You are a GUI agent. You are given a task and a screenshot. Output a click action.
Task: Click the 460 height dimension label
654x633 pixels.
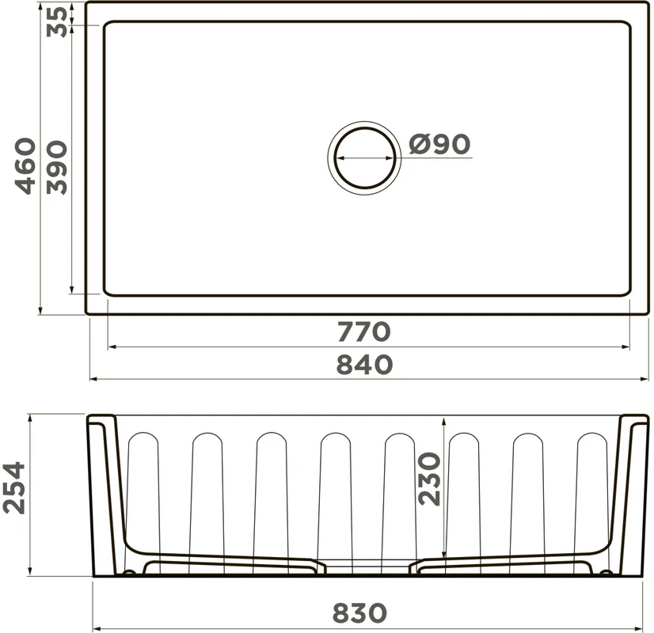point(25,166)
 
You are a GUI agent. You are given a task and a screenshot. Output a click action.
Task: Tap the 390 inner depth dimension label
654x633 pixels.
point(56,168)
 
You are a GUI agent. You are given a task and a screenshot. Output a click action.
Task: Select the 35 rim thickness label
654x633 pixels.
point(56,22)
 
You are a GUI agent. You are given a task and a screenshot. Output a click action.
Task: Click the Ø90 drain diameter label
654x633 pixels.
point(439,144)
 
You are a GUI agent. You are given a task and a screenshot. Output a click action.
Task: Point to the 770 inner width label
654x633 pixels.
point(363,332)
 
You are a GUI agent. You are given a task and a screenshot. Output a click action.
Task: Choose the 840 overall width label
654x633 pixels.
point(364,364)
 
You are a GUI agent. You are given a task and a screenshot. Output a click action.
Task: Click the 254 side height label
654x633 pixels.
point(13,487)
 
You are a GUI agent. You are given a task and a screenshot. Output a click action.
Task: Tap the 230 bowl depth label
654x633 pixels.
point(429,479)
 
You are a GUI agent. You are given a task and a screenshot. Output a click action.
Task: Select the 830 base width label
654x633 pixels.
point(359,613)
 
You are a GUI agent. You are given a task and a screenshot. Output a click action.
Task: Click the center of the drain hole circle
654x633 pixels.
point(364,158)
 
